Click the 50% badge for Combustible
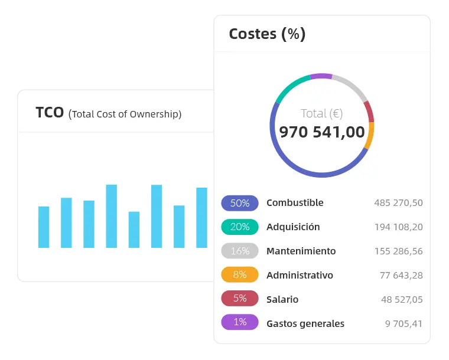pos(240,203)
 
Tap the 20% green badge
pos(240,227)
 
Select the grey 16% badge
pos(240,251)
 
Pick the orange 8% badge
pos(240,276)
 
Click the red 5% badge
pos(240,299)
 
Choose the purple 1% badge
pos(240,323)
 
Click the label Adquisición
pos(293,227)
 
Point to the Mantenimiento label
pos(301,251)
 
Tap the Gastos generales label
pos(305,323)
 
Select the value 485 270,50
pos(398,203)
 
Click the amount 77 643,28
pos(401,276)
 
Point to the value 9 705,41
pos(404,323)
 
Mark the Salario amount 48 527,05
pos(402,299)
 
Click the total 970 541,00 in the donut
pos(322,132)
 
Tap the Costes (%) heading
pos(267,34)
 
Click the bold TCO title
pos(50,113)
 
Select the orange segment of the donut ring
pos(370,136)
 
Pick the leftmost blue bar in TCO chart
pos(44,227)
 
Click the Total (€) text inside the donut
pos(322,113)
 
